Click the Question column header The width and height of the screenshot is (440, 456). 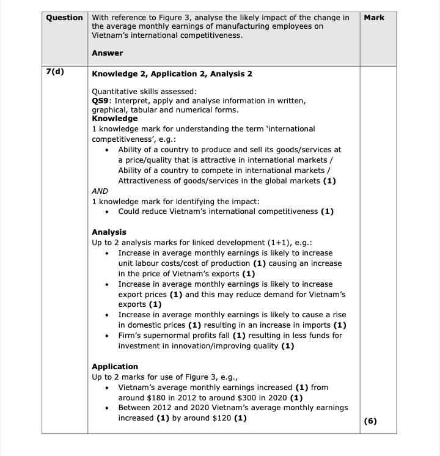point(65,18)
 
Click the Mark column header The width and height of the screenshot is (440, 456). point(373,18)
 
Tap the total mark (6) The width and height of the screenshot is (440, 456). point(370,421)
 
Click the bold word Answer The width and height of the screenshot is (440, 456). point(107,53)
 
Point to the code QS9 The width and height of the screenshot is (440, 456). point(101,100)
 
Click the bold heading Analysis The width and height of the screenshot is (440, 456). point(109,232)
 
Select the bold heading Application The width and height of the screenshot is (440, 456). point(115,367)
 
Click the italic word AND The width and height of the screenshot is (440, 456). point(100,191)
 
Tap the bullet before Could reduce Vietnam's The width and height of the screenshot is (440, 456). point(108,212)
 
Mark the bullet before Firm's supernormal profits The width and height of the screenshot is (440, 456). point(108,336)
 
